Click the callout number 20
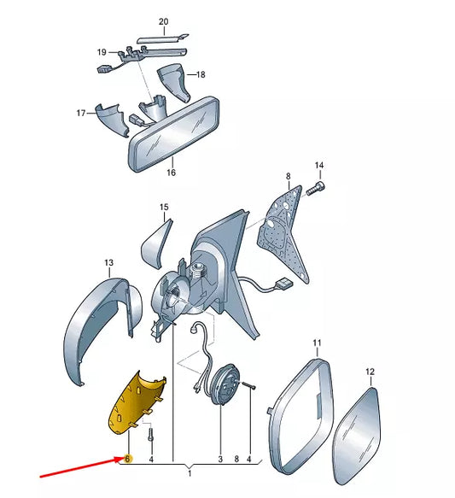(x=163, y=21)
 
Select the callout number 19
(x=102, y=52)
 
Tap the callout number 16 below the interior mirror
(x=171, y=173)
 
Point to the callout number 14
(x=319, y=165)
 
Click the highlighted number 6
(x=127, y=459)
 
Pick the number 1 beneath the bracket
(x=190, y=474)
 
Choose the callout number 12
(x=370, y=372)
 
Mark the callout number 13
(x=108, y=262)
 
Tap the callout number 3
(x=220, y=459)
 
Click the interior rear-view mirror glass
(x=174, y=135)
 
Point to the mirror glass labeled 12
(x=358, y=435)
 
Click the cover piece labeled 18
(x=174, y=82)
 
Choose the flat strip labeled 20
(x=162, y=38)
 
